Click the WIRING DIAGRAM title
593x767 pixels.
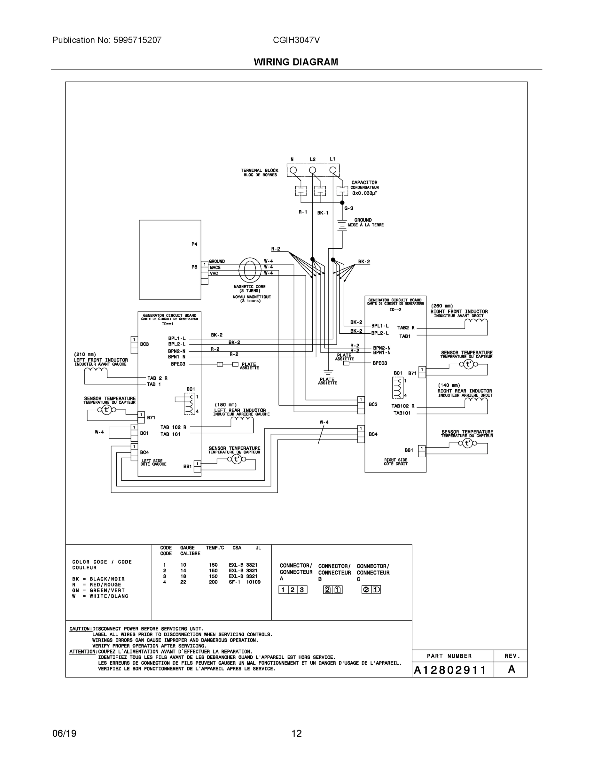pyautogui.click(x=296, y=62)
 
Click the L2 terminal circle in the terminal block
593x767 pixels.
pyautogui.click(x=312, y=171)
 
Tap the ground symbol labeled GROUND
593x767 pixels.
pyautogui.click(x=342, y=225)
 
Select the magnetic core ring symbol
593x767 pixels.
pyautogui.click(x=250, y=270)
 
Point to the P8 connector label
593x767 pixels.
pyautogui.click(x=194, y=267)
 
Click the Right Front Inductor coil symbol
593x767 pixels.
pyautogui.click(x=476, y=322)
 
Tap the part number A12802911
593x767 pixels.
pyautogui.click(x=450, y=670)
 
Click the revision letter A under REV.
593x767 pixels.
pyautogui.click(x=511, y=670)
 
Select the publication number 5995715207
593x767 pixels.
pyautogui.click(x=137, y=40)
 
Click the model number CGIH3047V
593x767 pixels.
pyautogui.click(x=296, y=40)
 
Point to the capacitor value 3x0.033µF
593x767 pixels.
pyautogui.click(x=365, y=193)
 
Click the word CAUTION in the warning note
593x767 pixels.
pyautogui.click(x=81, y=629)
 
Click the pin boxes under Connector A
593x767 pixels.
pyautogui.click(x=293, y=590)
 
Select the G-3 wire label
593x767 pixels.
pyautogui.click(x=349, y=208)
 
